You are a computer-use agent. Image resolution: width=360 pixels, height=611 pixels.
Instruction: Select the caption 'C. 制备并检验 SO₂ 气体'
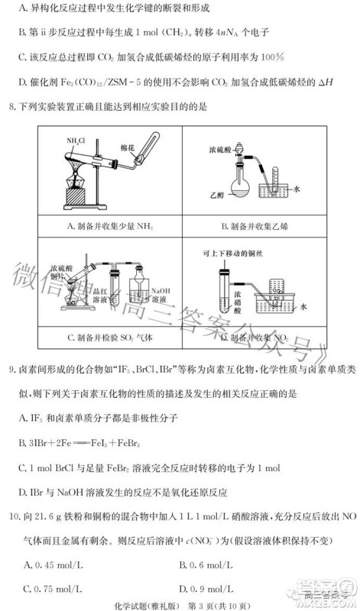coord(106,337)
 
